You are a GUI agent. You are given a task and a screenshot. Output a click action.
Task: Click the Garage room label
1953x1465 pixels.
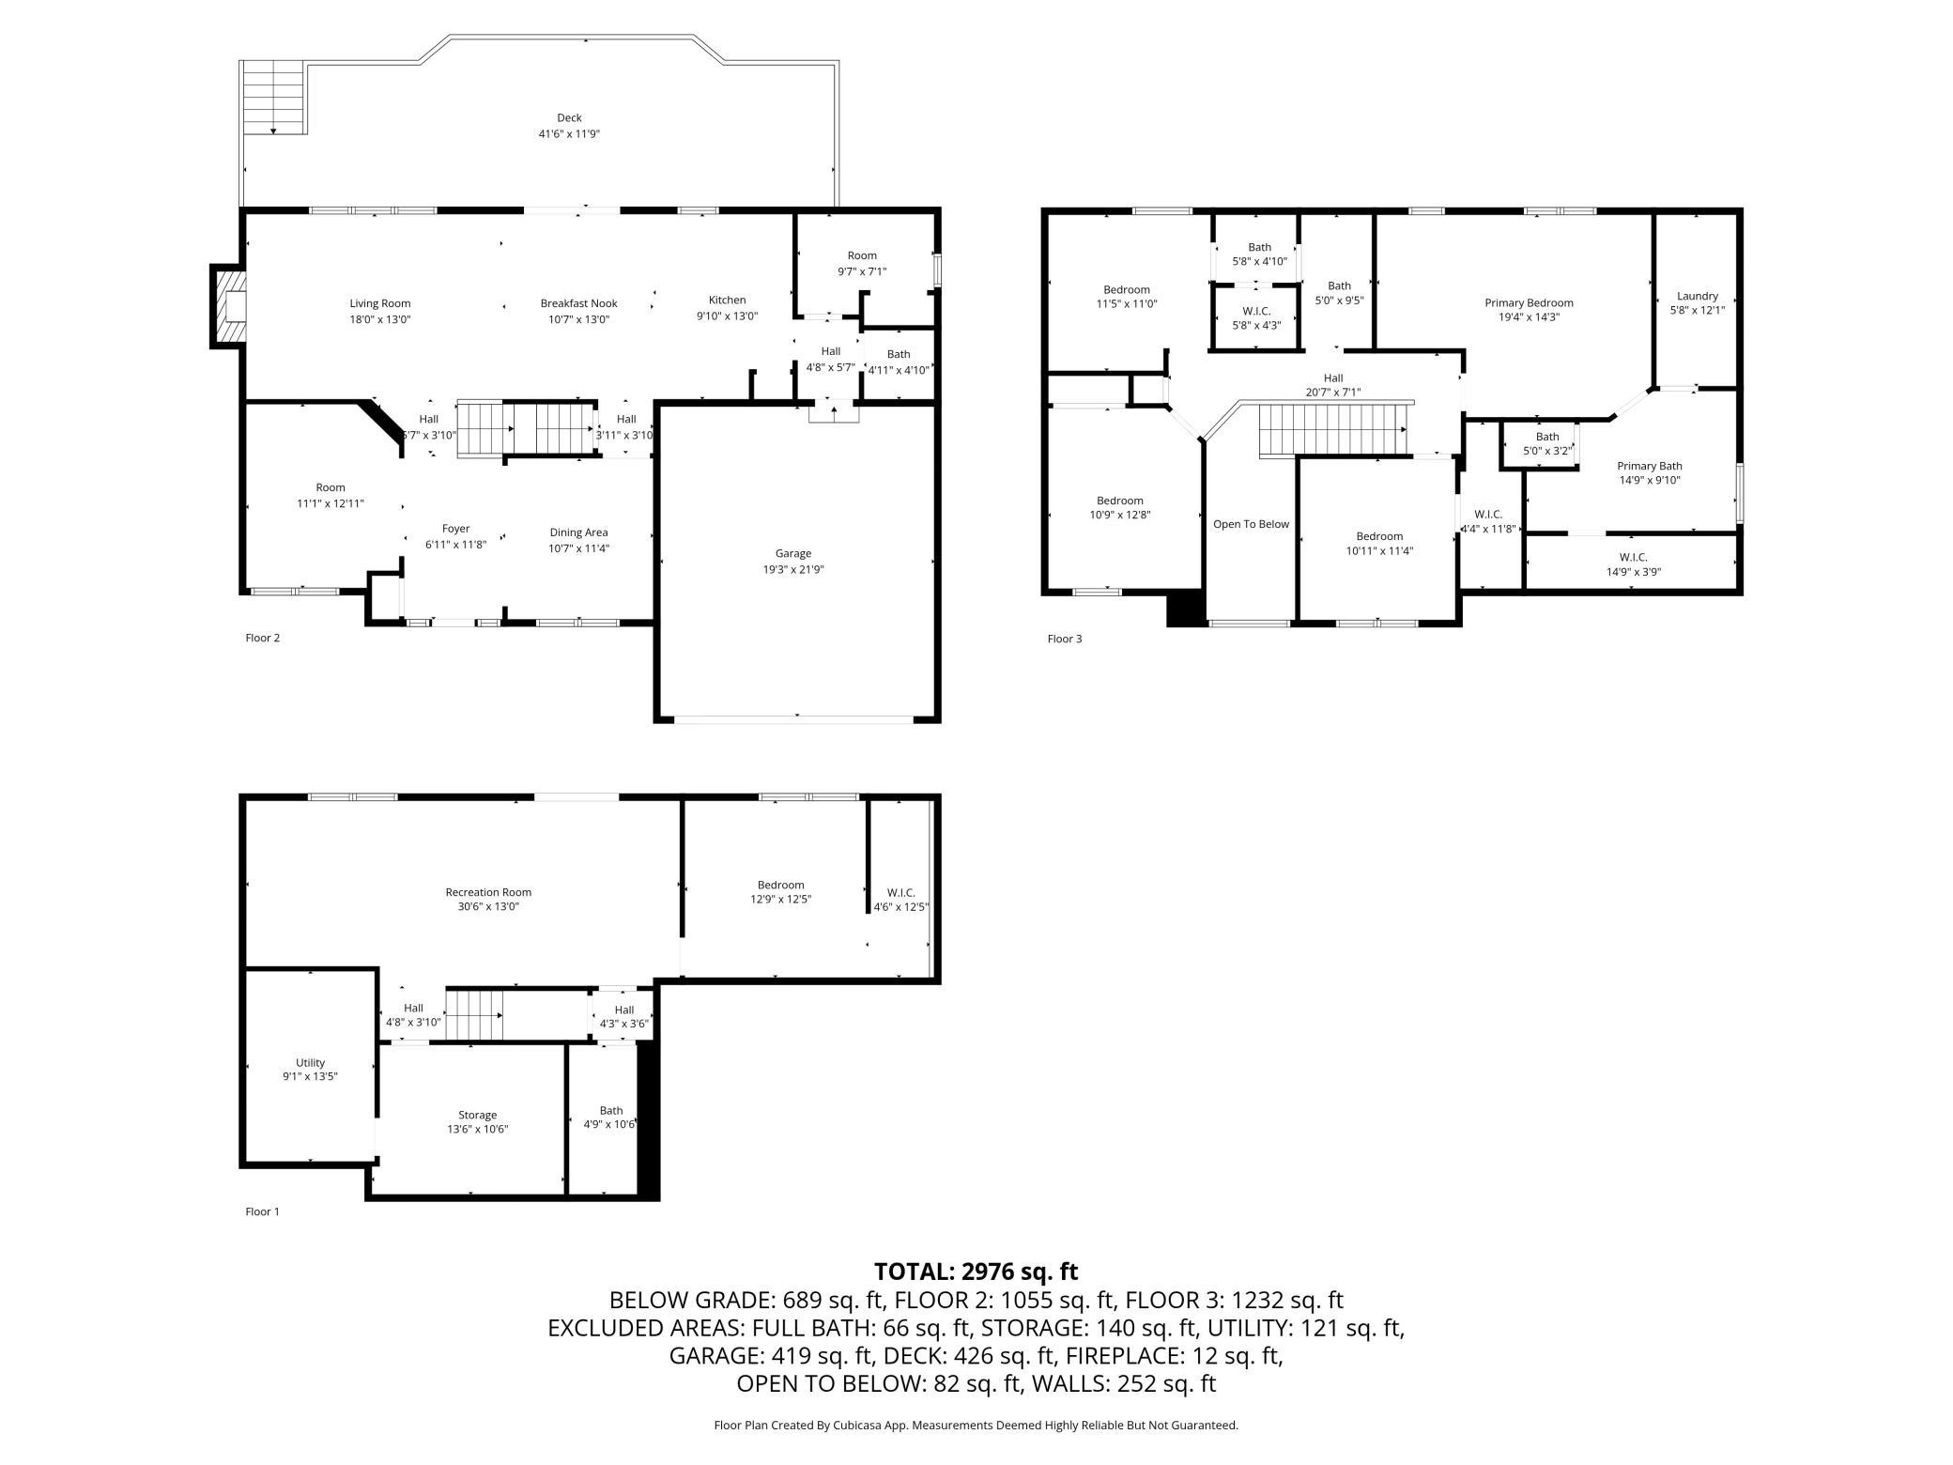tap(793, 553)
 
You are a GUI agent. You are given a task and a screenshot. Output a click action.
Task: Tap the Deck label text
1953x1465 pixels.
tap(569, 117)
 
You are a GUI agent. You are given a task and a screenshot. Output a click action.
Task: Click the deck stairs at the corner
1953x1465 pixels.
tap(273, 97)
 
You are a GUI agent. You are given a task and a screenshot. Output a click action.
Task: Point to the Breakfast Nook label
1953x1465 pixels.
tap(578, 303)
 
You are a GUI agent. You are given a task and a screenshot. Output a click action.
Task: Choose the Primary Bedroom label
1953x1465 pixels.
tap(1529, 302)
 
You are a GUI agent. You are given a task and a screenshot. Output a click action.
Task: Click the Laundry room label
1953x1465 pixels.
tap(1697, 296)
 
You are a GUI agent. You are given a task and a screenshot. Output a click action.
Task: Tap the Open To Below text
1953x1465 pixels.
tap(1251, 524)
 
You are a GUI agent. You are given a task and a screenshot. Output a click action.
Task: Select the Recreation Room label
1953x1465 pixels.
tap(488, 892)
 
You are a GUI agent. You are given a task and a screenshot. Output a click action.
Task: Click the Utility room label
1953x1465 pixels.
tap(310, 1063)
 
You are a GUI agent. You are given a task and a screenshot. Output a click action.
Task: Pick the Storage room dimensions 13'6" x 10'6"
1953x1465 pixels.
tap(477, 1130)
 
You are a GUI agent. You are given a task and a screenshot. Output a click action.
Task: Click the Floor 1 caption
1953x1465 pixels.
tap(262, 1211)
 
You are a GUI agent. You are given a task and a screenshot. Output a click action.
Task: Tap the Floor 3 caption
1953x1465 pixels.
tap(1065, 639)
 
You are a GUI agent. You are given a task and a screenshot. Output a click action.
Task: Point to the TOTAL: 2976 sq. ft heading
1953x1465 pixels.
tap(976, 1272)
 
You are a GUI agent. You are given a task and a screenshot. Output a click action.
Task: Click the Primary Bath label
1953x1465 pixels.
tap(1649, 466)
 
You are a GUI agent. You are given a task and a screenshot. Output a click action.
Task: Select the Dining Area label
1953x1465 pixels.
tap(578, 532)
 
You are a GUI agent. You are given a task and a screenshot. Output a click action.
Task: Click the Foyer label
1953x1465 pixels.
tap(455, 529)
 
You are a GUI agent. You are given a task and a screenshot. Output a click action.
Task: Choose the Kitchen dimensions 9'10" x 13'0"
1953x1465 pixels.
tap(727, 316)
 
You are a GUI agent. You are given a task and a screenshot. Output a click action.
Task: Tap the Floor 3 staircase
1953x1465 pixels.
tap(1334, 430)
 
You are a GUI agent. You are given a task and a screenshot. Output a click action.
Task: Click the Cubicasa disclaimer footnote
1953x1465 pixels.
tap(976, 1425)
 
